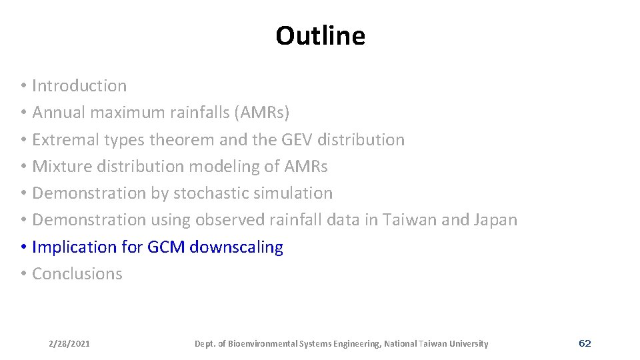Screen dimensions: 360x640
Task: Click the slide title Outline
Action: tap(320, 36)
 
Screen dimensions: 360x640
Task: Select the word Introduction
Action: tap(79, 86)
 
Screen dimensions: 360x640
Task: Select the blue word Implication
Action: tap(74, 247)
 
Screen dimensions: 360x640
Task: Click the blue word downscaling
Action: tap(236, 247)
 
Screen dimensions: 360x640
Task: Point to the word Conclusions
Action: tap(77, 274)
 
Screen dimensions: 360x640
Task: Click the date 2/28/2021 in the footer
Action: tap(69, 344)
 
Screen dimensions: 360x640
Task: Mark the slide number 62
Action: tap(585, 343)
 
